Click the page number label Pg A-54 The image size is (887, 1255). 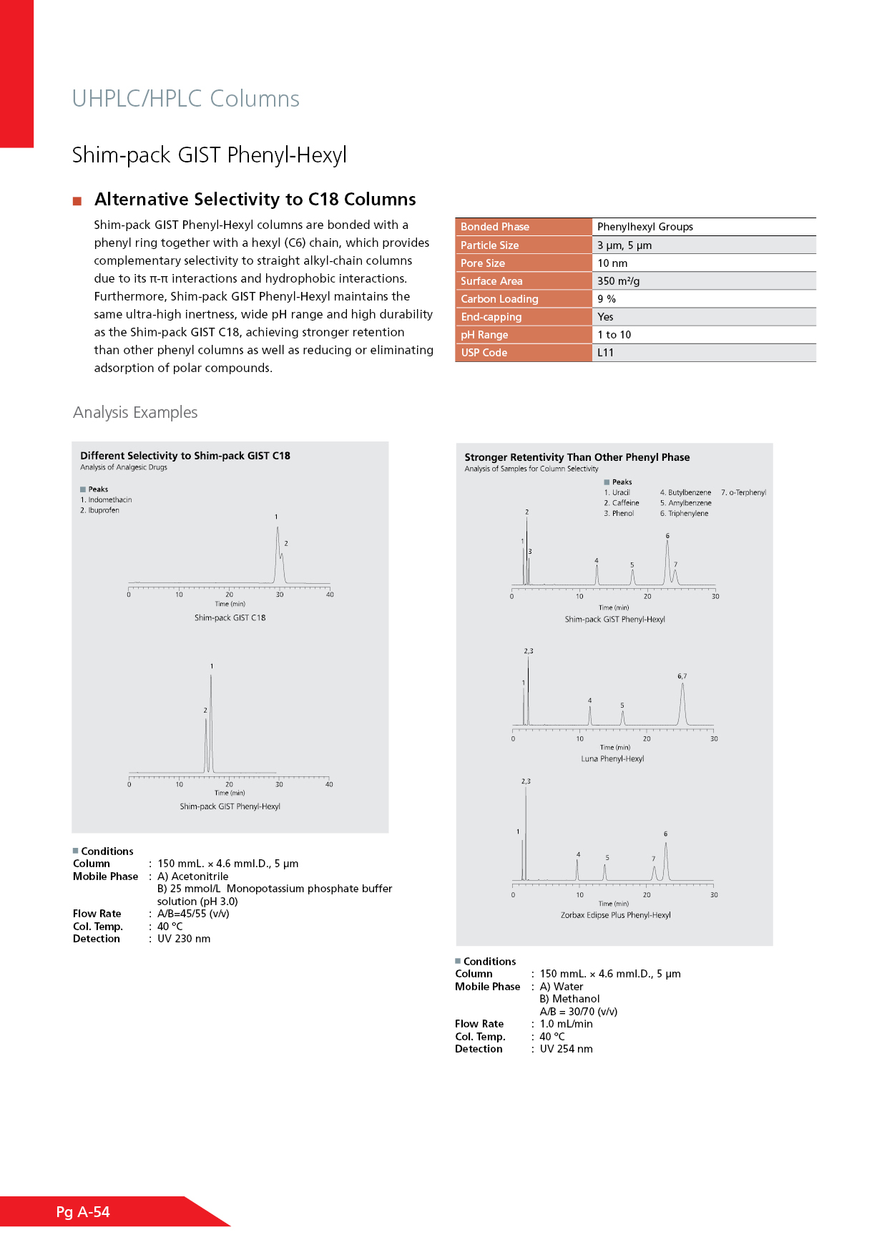[83, 1212]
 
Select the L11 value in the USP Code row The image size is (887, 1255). [605, 353]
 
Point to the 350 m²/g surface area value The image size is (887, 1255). [618, 281]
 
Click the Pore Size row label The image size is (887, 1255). [483, 263]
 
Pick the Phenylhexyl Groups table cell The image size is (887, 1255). [645, 227]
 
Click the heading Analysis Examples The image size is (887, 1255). [135, 413]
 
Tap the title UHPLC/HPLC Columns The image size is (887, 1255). [185, 99]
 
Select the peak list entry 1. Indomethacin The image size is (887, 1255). [106, 500]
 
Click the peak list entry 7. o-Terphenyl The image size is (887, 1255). [743, 492]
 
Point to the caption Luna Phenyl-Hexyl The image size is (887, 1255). [612, 759]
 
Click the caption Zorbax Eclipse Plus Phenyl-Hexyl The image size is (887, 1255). [615, 915]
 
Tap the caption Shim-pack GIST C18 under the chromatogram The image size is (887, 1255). [230, 618]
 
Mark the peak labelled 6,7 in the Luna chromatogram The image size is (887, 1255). [682, 687]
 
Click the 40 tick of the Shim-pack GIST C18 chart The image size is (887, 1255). [330, 595]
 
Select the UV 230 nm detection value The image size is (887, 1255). [184, 939]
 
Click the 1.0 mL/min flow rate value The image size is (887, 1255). [566, 1024]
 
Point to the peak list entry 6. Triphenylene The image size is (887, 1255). [684, 514]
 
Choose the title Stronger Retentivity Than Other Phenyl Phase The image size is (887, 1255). [577, 457]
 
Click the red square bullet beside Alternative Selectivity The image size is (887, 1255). [77, 201]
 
